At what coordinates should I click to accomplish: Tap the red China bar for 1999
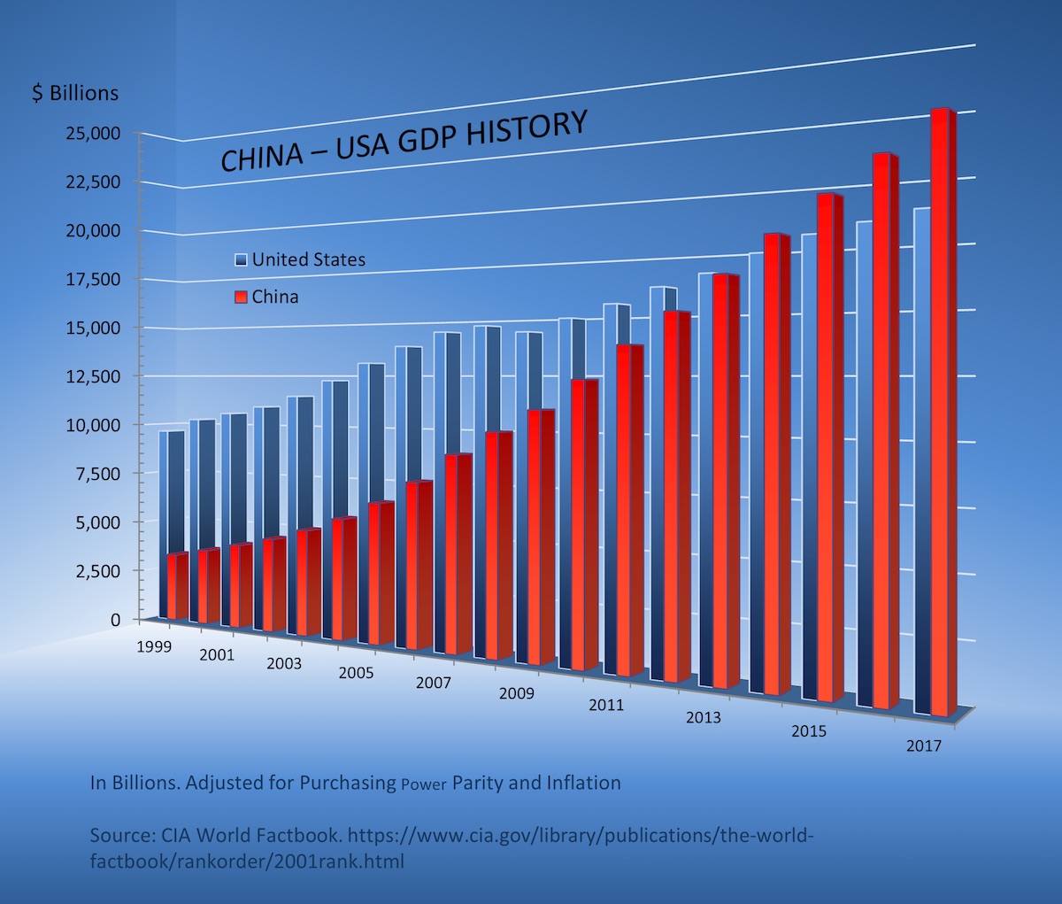(175, 586)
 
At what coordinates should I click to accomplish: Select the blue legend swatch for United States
(241, 260)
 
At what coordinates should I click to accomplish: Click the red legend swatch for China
(241, 297)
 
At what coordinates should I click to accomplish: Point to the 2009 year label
(517, 693)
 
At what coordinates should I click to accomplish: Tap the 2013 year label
(704, 717)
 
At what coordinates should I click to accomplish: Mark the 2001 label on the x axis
(217, 655)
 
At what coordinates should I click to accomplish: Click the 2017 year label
(924, 746)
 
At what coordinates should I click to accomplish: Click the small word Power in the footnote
(424, 784)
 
